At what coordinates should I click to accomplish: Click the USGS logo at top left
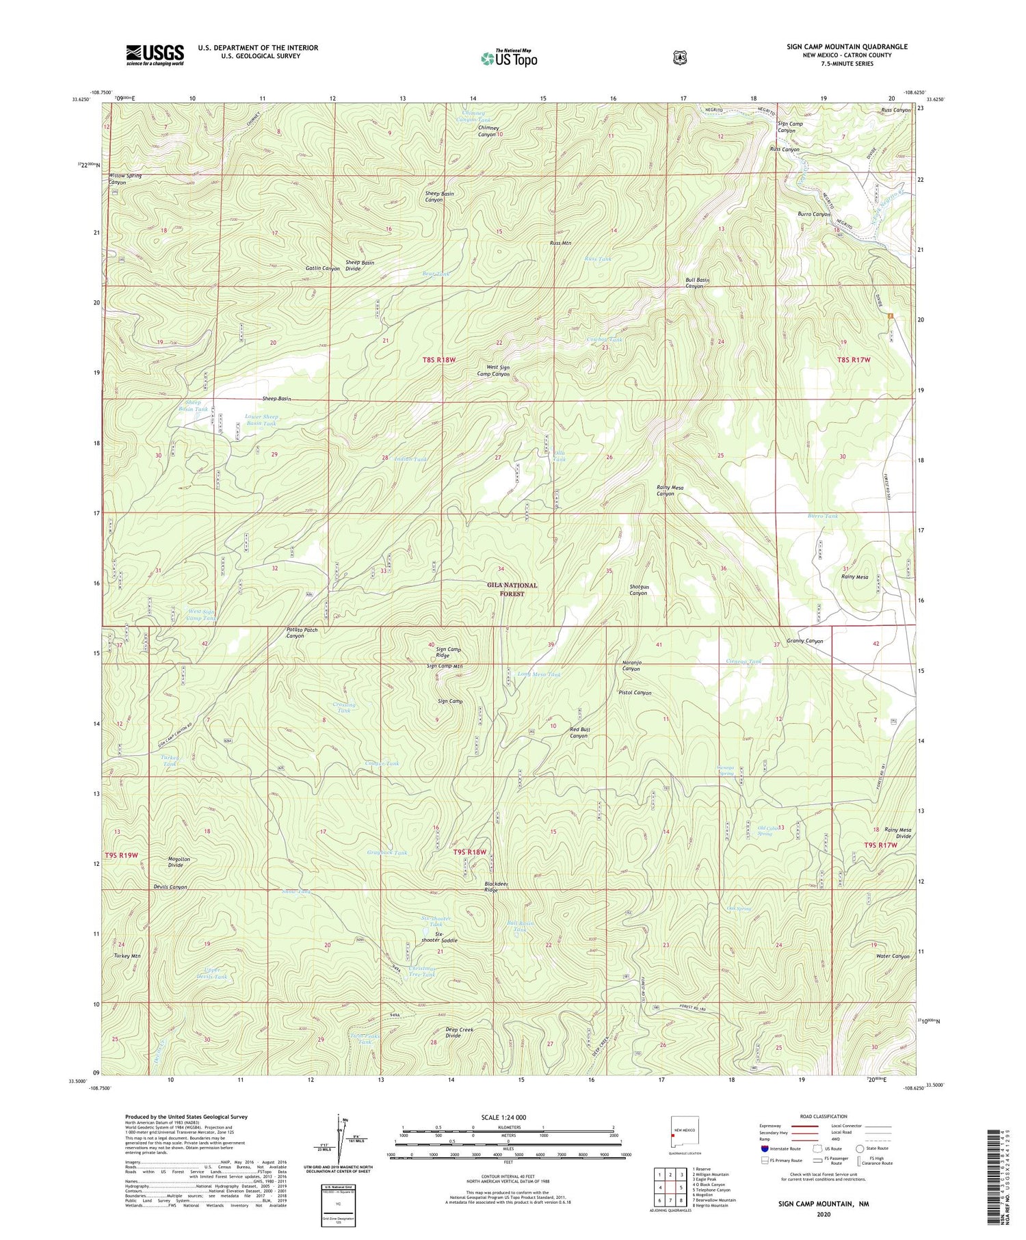[155, 54]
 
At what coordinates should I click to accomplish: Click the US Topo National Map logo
[509, 58]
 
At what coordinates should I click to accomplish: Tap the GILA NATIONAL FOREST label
[512, 589]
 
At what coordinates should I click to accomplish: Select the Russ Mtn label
[560, 243]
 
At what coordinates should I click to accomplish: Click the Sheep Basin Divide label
[360, 265]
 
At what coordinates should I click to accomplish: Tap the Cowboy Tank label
[605, 340]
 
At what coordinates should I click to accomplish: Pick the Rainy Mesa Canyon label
[670, 490]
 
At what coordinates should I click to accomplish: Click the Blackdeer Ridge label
[496, 887]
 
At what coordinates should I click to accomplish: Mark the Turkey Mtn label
[127, 956]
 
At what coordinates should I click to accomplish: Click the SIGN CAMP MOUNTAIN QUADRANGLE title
[847, 47]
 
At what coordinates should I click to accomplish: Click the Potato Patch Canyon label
[295, 633]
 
